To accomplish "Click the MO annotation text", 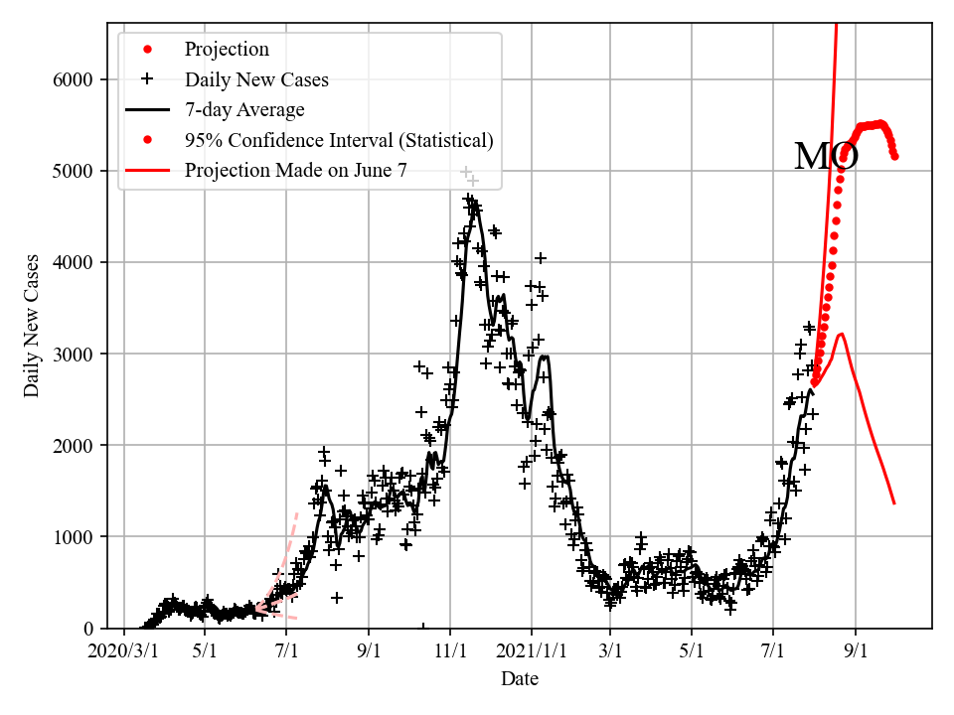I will click(x=826, y=157).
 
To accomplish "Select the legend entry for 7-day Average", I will click(x=244, y=109).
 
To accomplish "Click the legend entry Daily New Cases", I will click(x=256, y=79).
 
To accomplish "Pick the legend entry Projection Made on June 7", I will click(x=295, y=170).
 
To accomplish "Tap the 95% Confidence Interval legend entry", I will click(x=338, y=140).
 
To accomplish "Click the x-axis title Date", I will click(x=520, y=679).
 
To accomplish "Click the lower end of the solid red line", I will click(x=894, y=503).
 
